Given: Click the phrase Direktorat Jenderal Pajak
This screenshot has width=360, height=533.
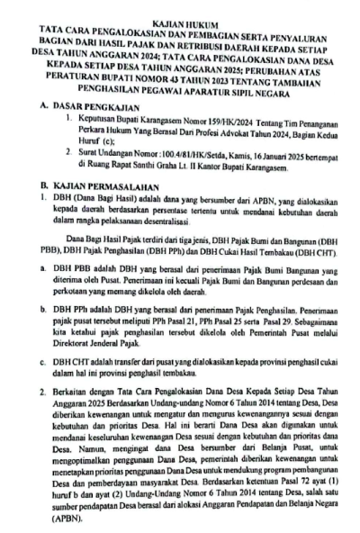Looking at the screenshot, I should [112, 343].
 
